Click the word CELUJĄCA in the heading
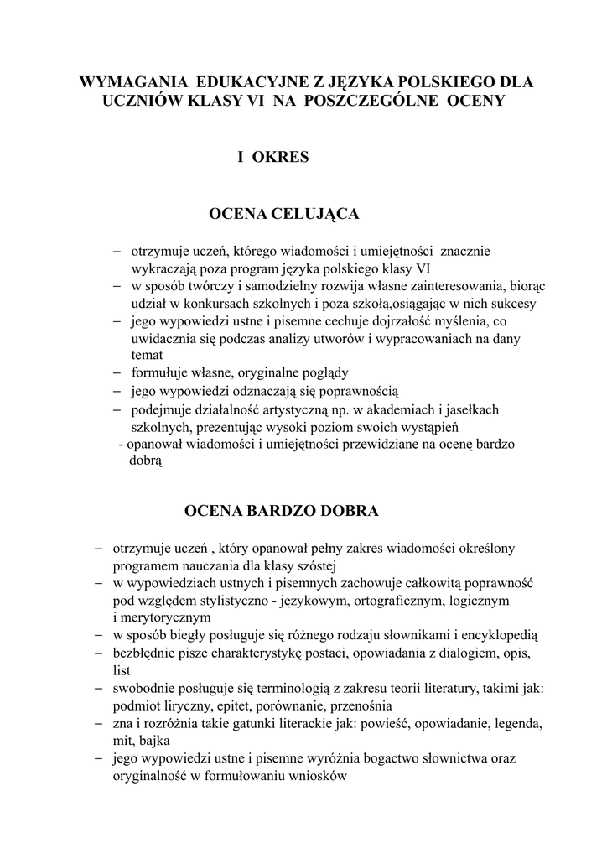coord(315,214)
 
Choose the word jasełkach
coord(473,409)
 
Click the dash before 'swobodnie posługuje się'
coord(99,688)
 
